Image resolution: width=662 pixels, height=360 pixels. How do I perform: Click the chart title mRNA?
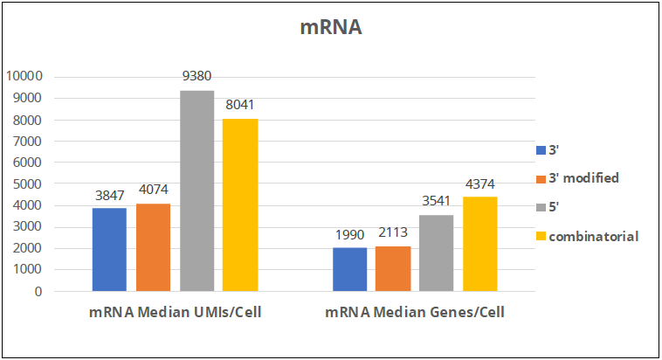330,27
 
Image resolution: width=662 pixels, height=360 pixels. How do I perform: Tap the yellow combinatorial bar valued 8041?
240,204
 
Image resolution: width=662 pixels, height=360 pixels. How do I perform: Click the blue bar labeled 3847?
109,250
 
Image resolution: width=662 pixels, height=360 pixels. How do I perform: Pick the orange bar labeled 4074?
153,247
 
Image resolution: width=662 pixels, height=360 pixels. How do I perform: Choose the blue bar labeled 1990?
350,270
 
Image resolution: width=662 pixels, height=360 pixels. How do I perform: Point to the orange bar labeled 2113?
393,268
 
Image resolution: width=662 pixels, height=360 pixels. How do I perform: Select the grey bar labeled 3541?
437,253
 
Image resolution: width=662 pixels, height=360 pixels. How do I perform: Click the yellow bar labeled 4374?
480,244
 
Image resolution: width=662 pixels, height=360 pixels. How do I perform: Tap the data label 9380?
197,76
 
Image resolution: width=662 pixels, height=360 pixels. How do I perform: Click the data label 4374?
480,183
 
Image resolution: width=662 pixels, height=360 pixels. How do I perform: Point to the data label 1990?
350,234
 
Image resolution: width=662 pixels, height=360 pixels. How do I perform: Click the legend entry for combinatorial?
593,236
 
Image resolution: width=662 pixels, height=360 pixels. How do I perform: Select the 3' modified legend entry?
583,177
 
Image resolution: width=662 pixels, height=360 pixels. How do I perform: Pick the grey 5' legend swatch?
540,207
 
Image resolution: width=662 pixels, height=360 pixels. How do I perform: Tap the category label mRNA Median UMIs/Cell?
175,312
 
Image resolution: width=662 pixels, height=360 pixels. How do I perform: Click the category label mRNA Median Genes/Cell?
415,312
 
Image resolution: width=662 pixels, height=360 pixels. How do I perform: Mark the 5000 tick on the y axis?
28,183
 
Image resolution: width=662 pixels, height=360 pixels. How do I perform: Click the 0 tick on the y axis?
38,292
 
